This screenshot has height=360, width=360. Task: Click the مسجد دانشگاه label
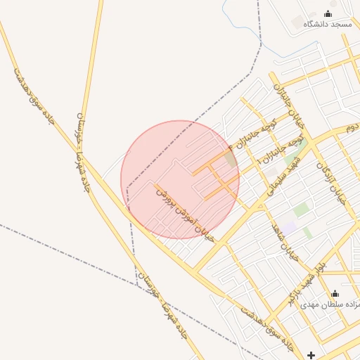click(327, 24)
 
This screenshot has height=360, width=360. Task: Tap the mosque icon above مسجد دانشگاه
click(328, 13)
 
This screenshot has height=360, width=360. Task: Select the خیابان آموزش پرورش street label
click(186, 210)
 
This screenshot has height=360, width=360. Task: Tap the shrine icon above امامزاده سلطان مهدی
click(335, 294)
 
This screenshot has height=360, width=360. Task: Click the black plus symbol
click(311, 356)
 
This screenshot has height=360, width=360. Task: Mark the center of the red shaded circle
click(180, 179)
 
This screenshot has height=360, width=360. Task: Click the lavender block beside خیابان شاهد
click(289, 229)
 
